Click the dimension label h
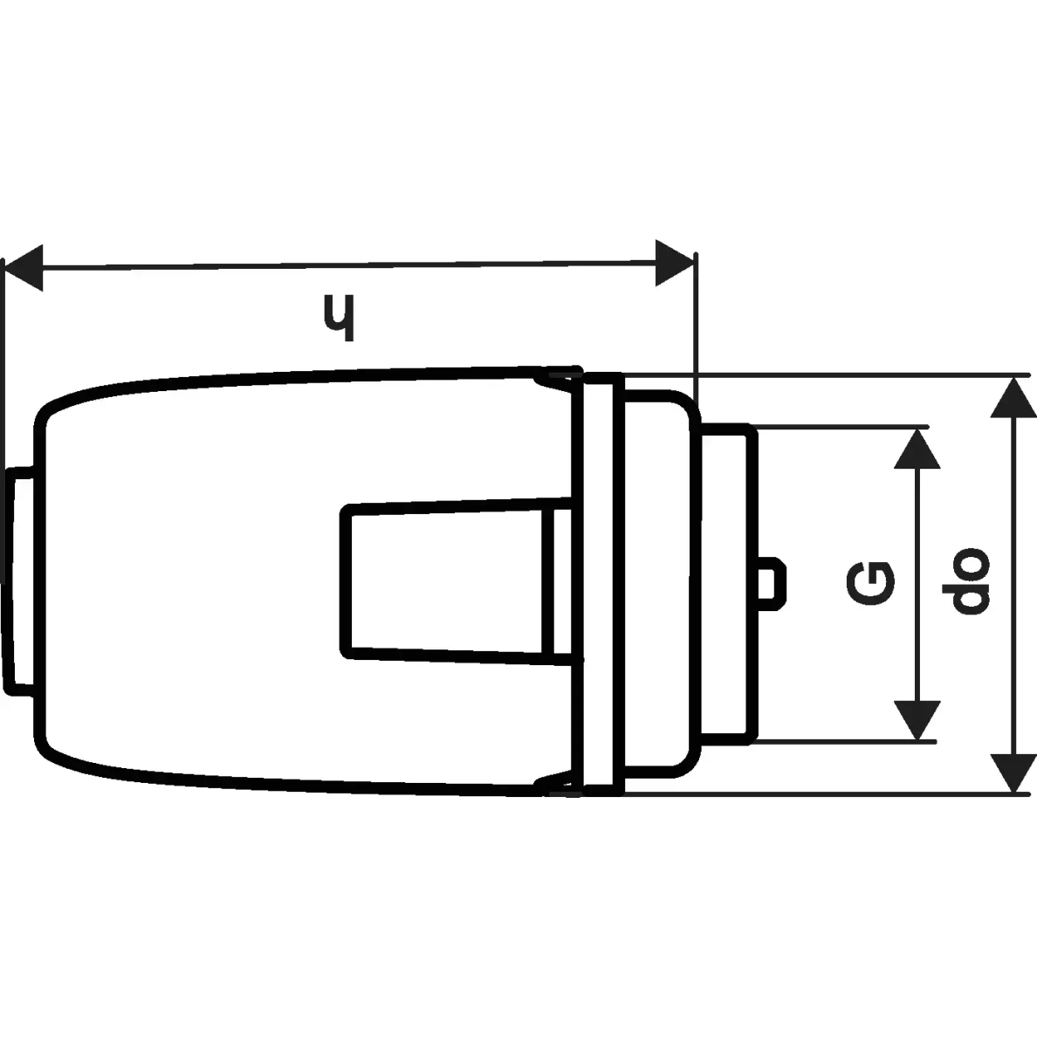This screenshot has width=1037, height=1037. click(340, 318)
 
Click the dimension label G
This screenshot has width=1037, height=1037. click(870, 584)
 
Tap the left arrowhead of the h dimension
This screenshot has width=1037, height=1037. click(24, 268)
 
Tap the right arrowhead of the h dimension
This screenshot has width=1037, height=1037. click(675, 264)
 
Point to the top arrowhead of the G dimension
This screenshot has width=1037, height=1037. click(917, 449)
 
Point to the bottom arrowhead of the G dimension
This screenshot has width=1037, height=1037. click(917, 720)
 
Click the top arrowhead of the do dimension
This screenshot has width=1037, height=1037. click(1013, 397)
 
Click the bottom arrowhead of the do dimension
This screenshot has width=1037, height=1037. click(1013, 773)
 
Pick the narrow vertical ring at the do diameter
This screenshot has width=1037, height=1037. click(603, 584)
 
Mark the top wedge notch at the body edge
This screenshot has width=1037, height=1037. click(558, 380)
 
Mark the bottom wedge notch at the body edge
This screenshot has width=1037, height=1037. click(558, 783)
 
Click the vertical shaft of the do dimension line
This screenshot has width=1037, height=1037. click(1013, 585)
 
